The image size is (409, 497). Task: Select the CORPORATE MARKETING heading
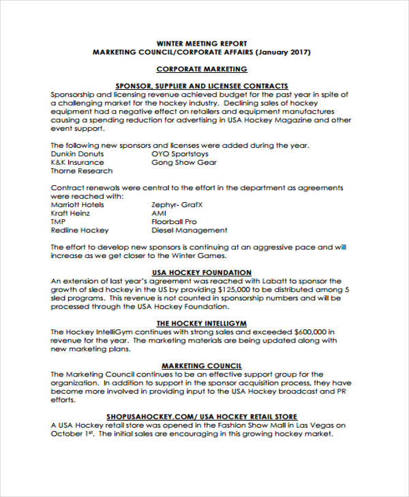tap(202, 69)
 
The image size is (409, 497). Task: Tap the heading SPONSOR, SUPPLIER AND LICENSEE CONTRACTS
tap(202, 86)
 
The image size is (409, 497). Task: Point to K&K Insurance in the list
tap(78, 163)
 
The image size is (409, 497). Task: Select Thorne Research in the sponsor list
tap(82, 172)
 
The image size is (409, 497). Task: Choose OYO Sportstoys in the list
tap(181, 154)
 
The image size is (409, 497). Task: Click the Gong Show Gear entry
tap(184, 163)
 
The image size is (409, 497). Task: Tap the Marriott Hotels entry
tap(78, 204)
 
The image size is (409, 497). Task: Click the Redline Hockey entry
tap(80, 230)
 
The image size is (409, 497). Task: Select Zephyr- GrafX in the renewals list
tap(177, 204)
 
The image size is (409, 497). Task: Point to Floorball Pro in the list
tap(174, 222)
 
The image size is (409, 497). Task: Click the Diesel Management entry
tap(189, 230)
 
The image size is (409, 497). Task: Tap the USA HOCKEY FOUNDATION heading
tap(202, 272)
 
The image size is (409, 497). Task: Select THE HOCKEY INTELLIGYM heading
tap(202, 323)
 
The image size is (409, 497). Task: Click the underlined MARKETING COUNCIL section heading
tap(202, 366)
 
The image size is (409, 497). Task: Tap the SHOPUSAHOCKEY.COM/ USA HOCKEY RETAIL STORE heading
tap(202, 416)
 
